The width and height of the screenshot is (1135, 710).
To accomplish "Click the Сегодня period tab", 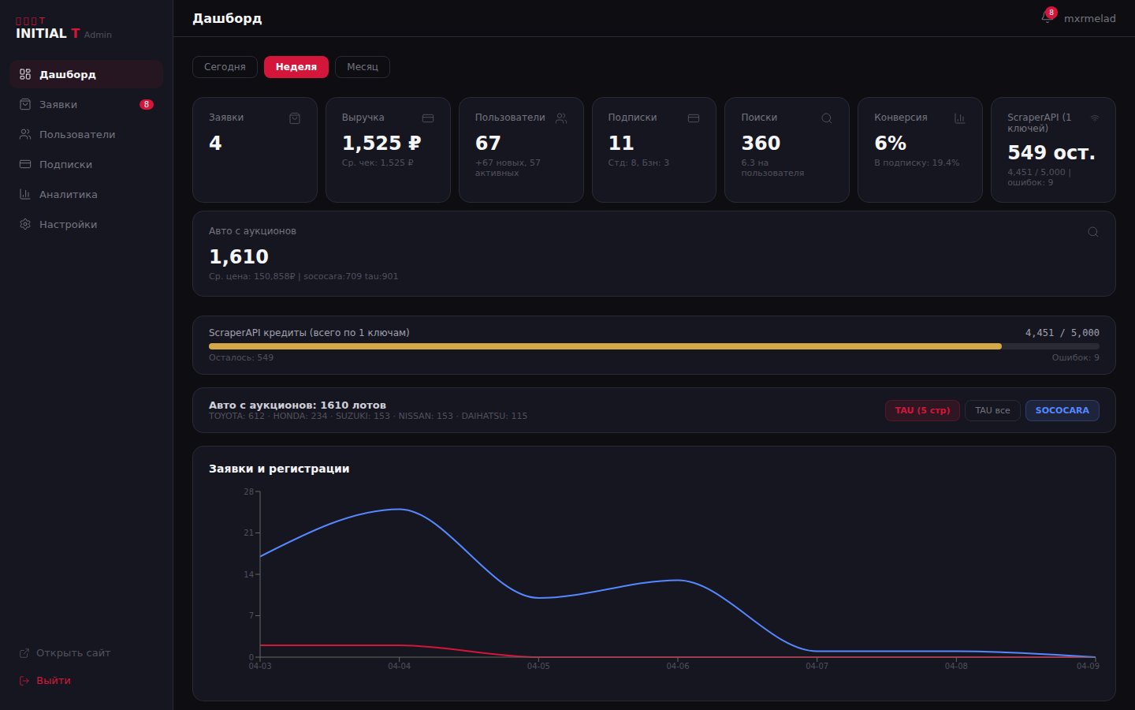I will click(x=225, y=67).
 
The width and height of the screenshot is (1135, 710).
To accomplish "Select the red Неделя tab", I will click(x=296, y=67).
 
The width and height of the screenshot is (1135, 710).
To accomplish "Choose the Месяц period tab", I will click(x=363, y=67).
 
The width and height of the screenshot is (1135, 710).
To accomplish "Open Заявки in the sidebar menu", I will click(x=58, y=105).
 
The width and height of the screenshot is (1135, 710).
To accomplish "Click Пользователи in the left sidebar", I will click(x=76, y=135).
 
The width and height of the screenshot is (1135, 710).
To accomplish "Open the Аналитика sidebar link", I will click(x=68, y=195).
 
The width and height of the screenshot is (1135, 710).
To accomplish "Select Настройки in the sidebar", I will click(x=68, y=225).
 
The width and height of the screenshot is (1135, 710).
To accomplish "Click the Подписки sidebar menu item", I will click(x=65, y=165).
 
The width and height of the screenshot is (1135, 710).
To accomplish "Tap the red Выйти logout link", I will click(x=53, y=681).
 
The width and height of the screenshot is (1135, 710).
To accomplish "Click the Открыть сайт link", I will click(x=73, y=653).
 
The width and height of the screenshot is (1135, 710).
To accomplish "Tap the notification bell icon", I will click(x=1047, y=17).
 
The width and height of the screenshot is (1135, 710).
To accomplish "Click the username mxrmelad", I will click(x=1089, y=19).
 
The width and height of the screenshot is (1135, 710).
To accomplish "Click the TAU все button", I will click(x=992, y=410).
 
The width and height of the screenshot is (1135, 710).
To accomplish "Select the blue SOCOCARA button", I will click(x=1062, y=410).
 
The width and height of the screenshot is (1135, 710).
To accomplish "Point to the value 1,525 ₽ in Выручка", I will click(x=381, y=144).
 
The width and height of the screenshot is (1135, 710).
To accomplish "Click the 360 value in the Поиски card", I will click(x=761, y=144).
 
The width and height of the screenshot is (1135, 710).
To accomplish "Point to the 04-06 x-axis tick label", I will click(x=677, y=667).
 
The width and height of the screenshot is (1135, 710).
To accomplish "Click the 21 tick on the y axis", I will click(x=248, y=533).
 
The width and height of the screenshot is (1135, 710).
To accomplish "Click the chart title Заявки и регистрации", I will click(x=279, y=469).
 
